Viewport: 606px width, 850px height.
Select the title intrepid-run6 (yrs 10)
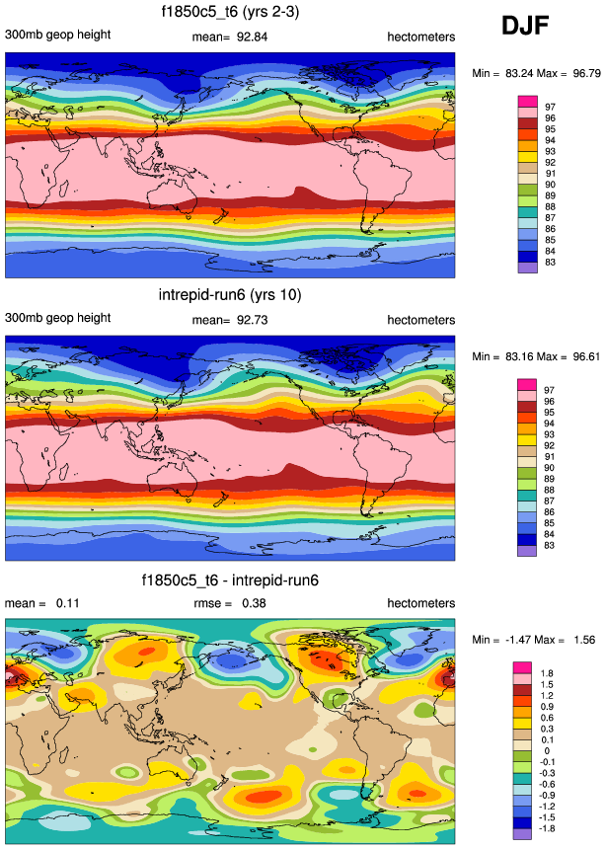230,294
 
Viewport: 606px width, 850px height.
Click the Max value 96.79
574,74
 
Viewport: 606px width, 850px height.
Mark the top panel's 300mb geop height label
57,36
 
